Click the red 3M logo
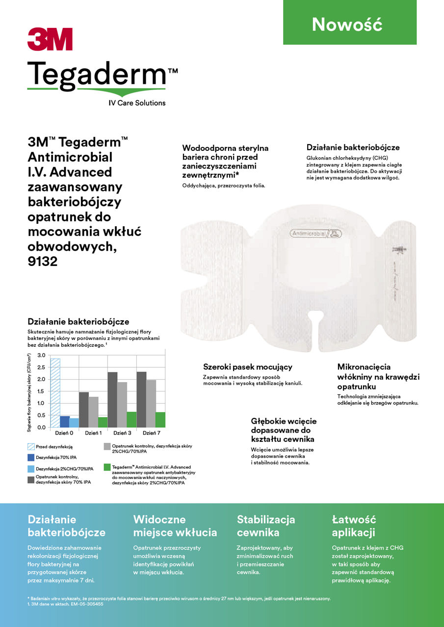pyautogui.click(x=50, y=39)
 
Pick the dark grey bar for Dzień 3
pyautogui.click(x=112, y=400)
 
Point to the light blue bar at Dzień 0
pyautogui.click(x=74, y=422)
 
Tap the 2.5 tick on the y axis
pyautogui.click(x=41, y=367)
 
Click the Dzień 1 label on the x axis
pyautogui.click(x=93, y=434)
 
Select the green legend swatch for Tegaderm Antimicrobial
pyautogui.click(x=107, y=467)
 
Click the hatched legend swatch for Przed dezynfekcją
pyautogui.click(x=31, y=447)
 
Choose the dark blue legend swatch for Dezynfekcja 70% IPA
pyautogui.click(x=31, y=458)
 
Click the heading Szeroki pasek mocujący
pyautogui.click(x=247, y=367)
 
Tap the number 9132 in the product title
pyautogui.click(x=43, y=262)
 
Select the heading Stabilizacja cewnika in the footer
pyautogui.click(x=266, y=526)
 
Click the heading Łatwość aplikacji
pyautogui.click(x=354, y=526)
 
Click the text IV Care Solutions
pyautogui.click(x=137, y=103)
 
